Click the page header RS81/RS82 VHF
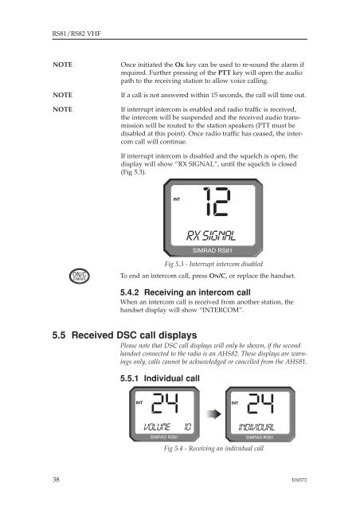point(76,33)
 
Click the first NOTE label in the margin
point(62,65)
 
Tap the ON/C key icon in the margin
point(80,277)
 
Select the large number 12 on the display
point(217,202)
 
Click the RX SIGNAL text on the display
point(211,236)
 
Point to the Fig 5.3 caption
point(213,264)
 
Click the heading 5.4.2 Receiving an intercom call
point(186,292)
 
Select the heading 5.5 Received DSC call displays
point(124,335)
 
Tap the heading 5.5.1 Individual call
point(159,379)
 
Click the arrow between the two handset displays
point(213,414)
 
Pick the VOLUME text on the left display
point(157,427)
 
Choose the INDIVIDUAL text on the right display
point(256,427)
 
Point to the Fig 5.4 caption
point(213,449)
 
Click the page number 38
point(56,480)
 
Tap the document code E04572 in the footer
point(299,480)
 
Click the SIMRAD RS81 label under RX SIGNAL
point(213,251)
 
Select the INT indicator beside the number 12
point(177,199)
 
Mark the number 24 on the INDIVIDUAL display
point(260,403)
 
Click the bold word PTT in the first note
point(224,73)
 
